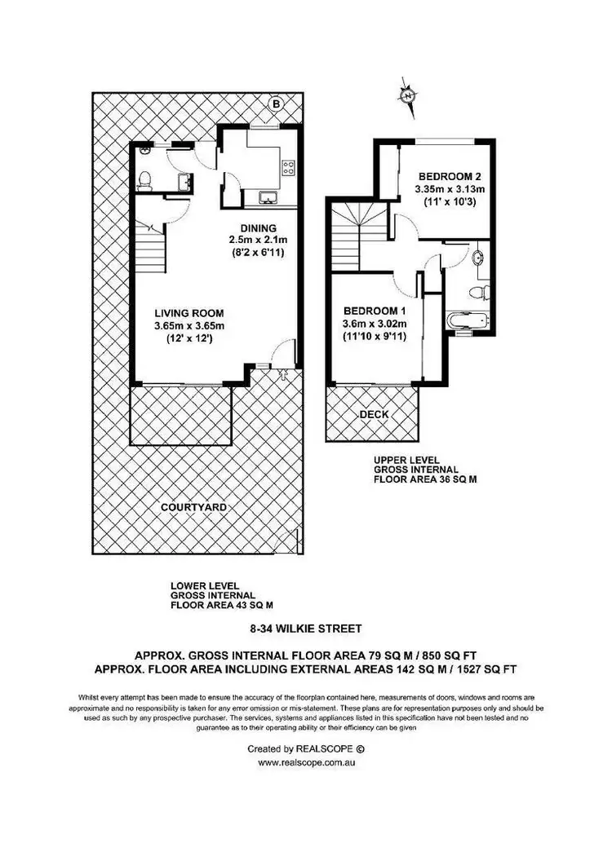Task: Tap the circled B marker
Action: (276, 104)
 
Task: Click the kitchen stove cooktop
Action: (288, 168)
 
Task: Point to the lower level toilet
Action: (144, 179)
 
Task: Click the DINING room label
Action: (258, 227)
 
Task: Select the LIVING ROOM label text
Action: (189, 312)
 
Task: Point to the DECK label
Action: (374, 415)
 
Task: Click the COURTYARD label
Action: (193, 507)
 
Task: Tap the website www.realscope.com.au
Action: (305, 764)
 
